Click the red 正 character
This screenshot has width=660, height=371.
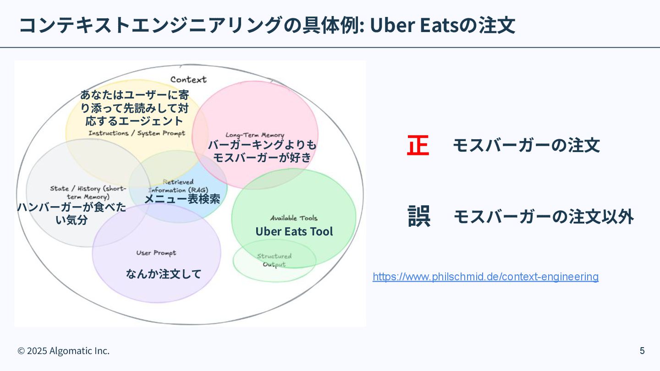[418, 146]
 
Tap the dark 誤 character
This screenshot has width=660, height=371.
[419, 216]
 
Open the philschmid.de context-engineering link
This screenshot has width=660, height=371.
[485, 277]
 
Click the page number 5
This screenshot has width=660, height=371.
[642, 351]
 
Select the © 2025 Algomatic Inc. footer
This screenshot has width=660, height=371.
[64, 351]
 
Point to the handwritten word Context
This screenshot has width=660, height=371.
[188, 80]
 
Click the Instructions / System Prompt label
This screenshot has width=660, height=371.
[137, 133]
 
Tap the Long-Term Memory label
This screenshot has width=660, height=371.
[254, 135]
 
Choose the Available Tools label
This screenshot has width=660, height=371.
[293, 218]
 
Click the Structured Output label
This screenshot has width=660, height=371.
[274, 260]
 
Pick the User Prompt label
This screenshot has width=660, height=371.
[156, 253]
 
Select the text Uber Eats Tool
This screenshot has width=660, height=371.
[294, 232]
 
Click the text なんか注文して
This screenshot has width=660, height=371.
[164, 274]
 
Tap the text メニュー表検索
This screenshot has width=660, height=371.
[182, 199]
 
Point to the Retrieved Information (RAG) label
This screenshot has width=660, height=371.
[178, 186]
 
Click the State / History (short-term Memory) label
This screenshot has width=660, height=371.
[88, 192]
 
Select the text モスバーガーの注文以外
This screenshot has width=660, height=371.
[544, 216]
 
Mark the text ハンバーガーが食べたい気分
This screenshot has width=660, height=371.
[71, 213]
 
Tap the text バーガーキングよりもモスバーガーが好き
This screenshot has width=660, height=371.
[262, 151]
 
